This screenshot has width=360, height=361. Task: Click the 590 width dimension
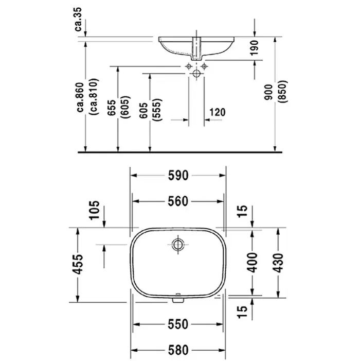coord(178,176)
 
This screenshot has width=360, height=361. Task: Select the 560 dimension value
coord(178,201)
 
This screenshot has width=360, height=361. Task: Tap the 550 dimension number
coord(178,324)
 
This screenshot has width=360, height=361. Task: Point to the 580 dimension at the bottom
coord(178,350)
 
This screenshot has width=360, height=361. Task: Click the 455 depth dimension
coord(78,264)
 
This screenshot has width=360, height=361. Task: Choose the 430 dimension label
coord(278,263)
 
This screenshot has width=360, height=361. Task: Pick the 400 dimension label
coord(253,263)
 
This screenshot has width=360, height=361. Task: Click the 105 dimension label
coord(95,210)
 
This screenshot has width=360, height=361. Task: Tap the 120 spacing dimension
coord(218,112)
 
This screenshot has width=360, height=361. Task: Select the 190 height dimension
coord(255,48)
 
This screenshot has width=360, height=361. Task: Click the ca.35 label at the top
coord(78,19)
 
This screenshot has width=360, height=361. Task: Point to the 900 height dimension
coord(268,92)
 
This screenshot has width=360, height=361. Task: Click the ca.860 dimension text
coord(80,97)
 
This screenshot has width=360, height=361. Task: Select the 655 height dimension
coord(112,108)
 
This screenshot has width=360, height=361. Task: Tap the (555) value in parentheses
coord(158,110)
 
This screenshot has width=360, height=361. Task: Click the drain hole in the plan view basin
coord(178,244)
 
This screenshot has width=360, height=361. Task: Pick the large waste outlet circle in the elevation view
coord(196,74)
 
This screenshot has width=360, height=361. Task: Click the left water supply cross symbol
coord(189,66)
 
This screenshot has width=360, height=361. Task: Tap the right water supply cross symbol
coord(204,66)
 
